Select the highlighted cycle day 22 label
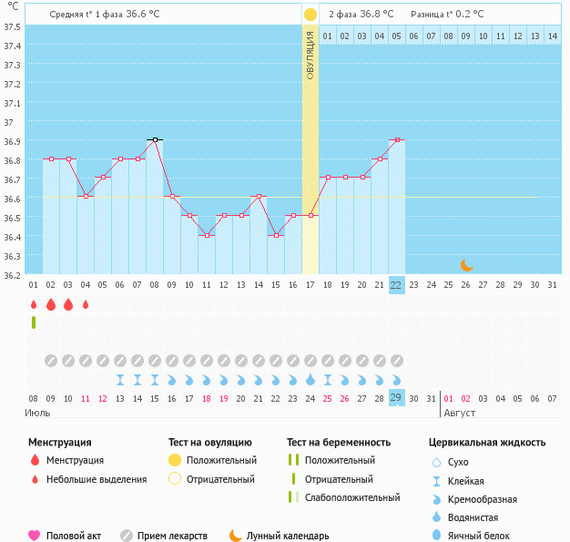pos(396,285)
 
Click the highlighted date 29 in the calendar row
pos(396,398)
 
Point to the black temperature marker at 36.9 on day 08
pos(155,139)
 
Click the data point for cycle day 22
pos(396,139)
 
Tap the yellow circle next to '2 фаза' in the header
pos(310,15)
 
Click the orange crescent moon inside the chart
pos(466,264)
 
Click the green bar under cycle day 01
pos(34,322)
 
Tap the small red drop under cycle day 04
pos(86,304)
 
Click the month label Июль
pos(38,413)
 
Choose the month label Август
pos(461,413)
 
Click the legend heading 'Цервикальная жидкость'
pos(487,443)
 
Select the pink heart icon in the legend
pos(35,536)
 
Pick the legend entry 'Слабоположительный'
pos(352,497)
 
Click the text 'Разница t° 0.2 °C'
pos(447,15)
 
